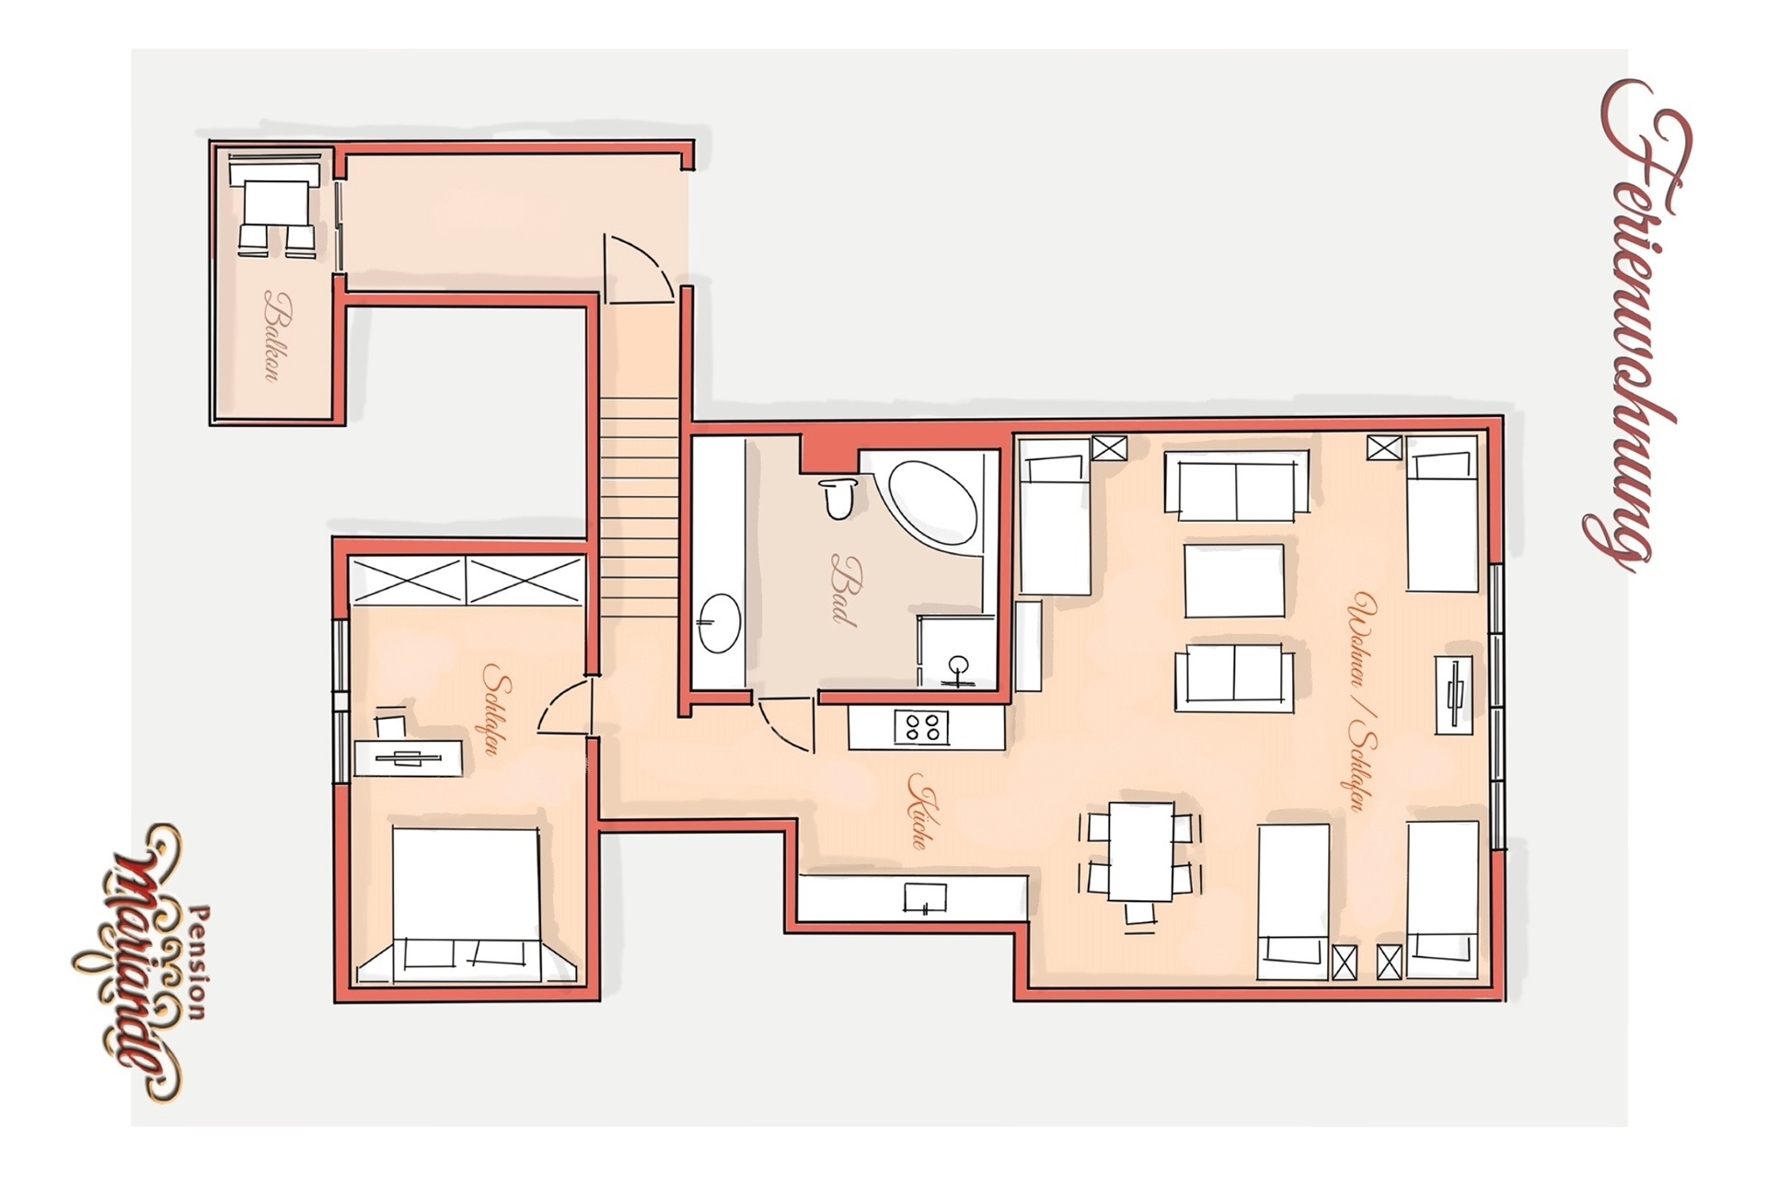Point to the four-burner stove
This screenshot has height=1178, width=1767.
921,727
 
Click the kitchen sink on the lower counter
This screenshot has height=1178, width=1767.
925,897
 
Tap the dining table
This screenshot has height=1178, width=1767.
1141,851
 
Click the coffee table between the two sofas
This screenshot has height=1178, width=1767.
1234,581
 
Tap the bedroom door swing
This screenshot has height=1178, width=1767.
561,706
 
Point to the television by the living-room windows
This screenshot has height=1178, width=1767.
1454,695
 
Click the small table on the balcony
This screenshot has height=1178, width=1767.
275,203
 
